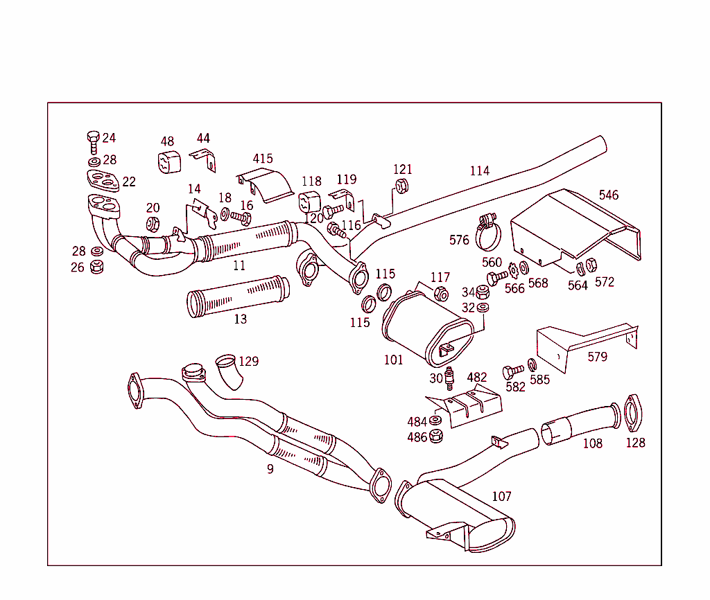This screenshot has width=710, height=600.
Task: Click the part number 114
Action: click(x=479, y=170)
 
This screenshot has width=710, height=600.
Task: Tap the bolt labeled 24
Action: click(x=93, y=141)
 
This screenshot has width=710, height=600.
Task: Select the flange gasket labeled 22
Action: click(x=103, y=180)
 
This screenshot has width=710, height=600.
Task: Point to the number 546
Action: click(x=608, y=195)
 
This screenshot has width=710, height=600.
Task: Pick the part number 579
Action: click(x=597, y=357)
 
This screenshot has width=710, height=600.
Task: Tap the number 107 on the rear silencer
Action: click(x=501, y=496)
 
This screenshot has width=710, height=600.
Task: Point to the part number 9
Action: click(x=270, y=469)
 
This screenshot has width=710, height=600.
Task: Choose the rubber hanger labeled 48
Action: click(x=168, y=162)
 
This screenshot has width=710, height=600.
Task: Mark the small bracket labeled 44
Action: click(x=205, y=160)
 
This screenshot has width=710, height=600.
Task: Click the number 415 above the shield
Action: click(x=262, y=159)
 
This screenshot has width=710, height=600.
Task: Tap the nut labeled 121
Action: click(x=401, y=186)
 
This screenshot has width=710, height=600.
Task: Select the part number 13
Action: click(x=240, y=319)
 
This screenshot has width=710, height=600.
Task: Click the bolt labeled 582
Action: click(x=512, y=371)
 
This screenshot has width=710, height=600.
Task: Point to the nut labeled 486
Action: click(x=436, y=436)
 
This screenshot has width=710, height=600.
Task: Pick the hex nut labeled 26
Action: click(x=97, y=266)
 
